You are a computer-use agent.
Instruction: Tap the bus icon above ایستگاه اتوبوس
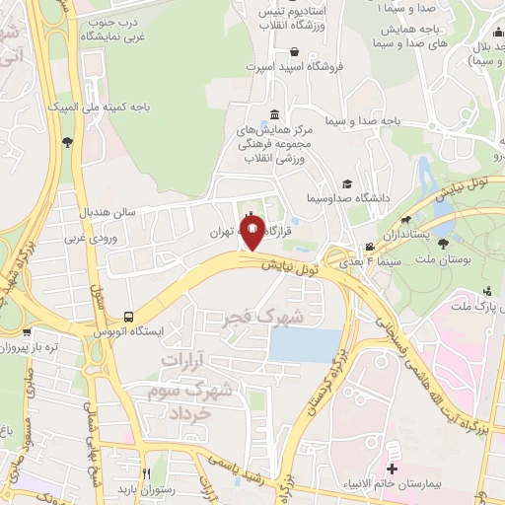(x=129, y=317)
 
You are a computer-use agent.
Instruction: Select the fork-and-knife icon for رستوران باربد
(x=146, y=472)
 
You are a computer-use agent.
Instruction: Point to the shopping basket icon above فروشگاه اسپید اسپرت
(x=295, y=52)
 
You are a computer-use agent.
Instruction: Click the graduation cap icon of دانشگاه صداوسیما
(x=346, y=183)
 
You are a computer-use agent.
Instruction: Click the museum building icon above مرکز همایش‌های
(x=272, y=112)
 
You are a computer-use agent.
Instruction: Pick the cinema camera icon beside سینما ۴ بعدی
(x=369, y=247)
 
